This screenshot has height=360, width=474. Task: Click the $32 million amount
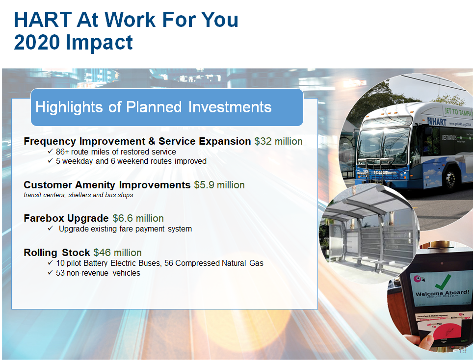[x=278, y=141]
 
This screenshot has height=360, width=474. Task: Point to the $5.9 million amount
[x=219, y=185]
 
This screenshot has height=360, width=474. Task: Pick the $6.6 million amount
[x=138, y=218]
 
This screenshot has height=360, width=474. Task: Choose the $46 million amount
[x=117, y=253]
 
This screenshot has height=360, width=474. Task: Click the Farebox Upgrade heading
[x=66, y=218]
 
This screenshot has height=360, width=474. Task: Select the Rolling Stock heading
[x=56, y=253]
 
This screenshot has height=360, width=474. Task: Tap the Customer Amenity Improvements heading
[x=106, y=185]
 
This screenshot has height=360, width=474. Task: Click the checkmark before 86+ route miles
[x=51, y=152]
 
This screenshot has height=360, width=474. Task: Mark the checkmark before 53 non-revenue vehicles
[x=51, y=273]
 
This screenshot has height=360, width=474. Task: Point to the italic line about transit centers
[x=78, y=195]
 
